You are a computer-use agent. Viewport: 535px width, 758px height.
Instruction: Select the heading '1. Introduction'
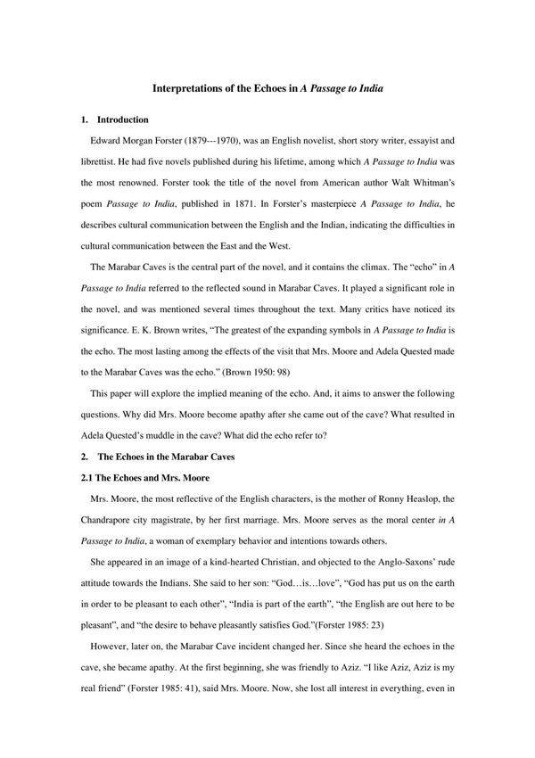click(x=114, y=119)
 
